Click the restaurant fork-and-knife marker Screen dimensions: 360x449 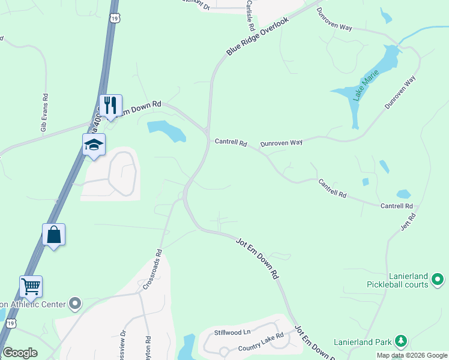coord(110,105)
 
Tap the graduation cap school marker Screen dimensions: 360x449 coord(94,145)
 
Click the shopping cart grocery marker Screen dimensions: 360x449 coord(31,287)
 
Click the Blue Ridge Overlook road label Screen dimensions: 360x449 coord(258,37)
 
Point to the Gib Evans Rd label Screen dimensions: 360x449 coord(44,112)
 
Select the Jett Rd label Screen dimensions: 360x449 coord(408,221)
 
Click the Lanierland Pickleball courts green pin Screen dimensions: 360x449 coord(438,279)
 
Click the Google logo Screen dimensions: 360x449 coord(20,353)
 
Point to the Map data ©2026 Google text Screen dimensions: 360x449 coord(411,355)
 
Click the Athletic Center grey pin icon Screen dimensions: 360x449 coord(74,304)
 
